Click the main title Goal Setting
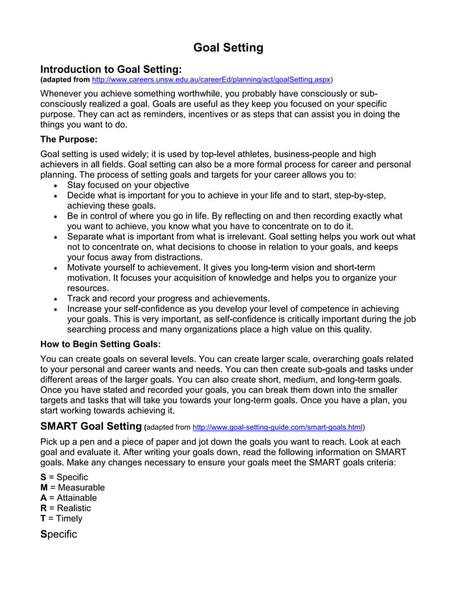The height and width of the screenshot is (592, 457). click(228, 48)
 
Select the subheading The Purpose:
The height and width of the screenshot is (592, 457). click(69, 138)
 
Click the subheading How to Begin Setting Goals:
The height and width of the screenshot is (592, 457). click(100, 344)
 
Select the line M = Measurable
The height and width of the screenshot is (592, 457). click(72, 487)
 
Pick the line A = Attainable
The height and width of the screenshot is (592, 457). click(68, 498)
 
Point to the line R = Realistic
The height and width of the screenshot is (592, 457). click(66, 508)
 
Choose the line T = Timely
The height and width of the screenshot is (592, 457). click(62, 518)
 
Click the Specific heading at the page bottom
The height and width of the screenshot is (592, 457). click(59, 535)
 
